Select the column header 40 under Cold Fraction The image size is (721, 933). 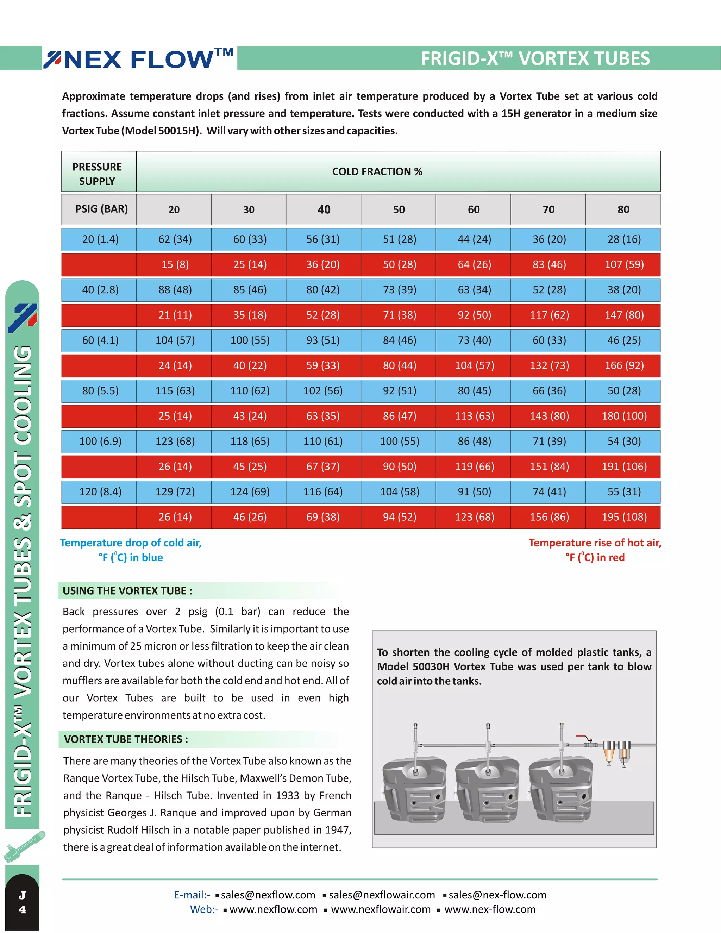pos(324,209)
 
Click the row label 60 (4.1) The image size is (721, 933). pos(100,340)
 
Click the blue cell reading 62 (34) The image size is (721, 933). pos(175,239)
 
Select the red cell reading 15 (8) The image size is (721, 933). pos(175,264)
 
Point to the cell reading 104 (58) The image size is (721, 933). pos(399,492)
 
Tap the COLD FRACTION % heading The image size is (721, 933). pos(377,171)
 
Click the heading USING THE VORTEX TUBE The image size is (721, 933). pos(127,591)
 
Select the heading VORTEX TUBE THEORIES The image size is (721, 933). pos(126,739)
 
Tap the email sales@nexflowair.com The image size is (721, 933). pos(381,895)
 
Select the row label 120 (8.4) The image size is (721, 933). pos(100,492)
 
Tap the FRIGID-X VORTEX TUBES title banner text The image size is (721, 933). pos(535,58)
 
